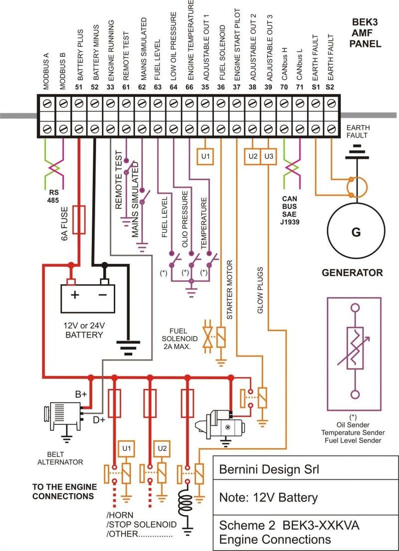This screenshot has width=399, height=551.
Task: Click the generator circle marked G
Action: (x=356, y=232)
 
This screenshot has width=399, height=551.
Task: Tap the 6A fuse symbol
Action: (x=79, y=219)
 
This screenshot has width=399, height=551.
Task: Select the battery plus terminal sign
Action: (x=74, y=294)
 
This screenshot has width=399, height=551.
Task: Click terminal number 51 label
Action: (x=78, y=87)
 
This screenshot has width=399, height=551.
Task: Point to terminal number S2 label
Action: (x=330, y=87)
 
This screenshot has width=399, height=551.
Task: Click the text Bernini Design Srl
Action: (x=269, y=469)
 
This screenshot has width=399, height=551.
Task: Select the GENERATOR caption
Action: (x=352, y=273)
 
